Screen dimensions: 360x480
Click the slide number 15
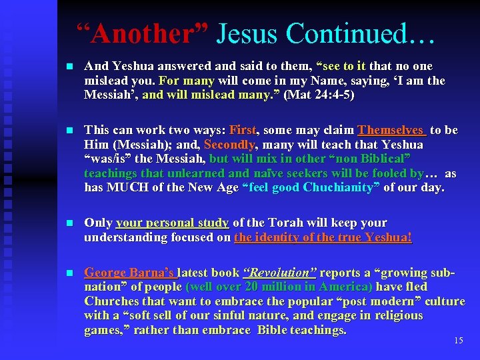[x=458, y=341]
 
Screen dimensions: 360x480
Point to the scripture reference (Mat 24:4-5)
[x=319, y=95]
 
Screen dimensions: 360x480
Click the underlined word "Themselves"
[x=391, y=130]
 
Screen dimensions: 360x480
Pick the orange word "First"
[x=244, y=130]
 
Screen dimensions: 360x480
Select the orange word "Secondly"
[x=229, y=145]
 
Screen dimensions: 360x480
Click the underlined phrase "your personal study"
[x=172, y=223]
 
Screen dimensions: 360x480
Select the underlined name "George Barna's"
[x=129, y=273]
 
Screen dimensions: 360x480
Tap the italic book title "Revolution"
[x=280, y=273]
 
